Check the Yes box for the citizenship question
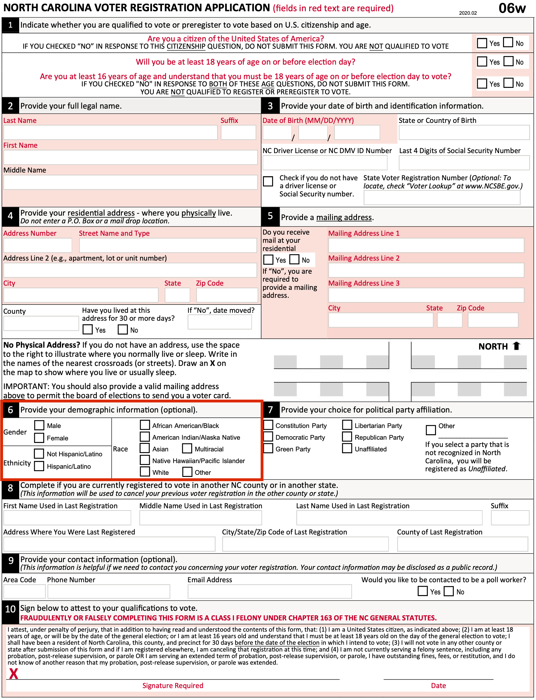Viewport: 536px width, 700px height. click(482, 43)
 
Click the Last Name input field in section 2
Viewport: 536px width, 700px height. click(110, 132)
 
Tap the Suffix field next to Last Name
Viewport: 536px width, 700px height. click(238, 132)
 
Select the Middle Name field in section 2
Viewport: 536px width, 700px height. click(130, 182)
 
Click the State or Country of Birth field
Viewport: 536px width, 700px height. click(464, 132)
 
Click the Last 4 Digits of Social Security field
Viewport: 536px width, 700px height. click(464, 163)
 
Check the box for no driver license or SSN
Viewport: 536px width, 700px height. click(268, 181)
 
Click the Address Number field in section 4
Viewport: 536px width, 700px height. click(38, 245)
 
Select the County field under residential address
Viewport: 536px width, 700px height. click(41, 323)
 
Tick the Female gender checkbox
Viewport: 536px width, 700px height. click(39, 438)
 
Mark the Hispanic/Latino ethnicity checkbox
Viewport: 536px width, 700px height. click(39, 466)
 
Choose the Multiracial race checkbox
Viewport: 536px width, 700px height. click(187, 449)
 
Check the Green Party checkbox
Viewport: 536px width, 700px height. click(268, 449)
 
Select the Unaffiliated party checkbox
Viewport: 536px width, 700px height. click(347, 449)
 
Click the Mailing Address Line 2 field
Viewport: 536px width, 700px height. click(426, 270)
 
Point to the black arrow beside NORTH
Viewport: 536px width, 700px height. click(516, 346)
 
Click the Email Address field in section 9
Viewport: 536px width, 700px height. click(270, 591)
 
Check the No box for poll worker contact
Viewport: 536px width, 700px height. click(449, 591)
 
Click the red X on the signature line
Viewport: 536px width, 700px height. click(14, 674)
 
